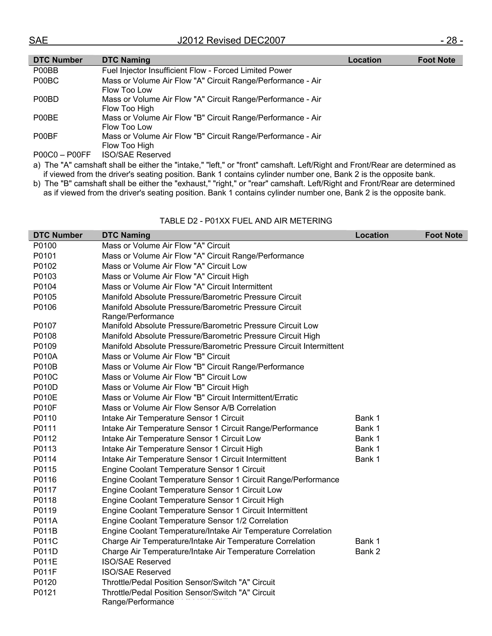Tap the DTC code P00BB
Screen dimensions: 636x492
(x=46, y=71)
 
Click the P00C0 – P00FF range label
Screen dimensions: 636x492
(x=62, y=155)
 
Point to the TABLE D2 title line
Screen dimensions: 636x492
(x=246, y=221)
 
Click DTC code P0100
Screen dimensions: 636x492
(x=45, y=246)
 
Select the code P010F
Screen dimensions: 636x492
(x=45, y=408)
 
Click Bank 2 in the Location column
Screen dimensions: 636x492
(x=367, y=551)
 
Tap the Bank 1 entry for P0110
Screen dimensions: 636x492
(x=367, y=418)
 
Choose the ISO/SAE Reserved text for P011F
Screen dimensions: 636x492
(x=136, y=572)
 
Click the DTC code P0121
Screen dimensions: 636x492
(x=45, y=592)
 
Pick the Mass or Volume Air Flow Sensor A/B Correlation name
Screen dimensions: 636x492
(x=189, y=408)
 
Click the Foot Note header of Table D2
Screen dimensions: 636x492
(x=443, y=235)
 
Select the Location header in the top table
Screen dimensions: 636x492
(x=364, y=60)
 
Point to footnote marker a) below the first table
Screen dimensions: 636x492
(x=37, y=165)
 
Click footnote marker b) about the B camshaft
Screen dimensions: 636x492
(x=37, y=183)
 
